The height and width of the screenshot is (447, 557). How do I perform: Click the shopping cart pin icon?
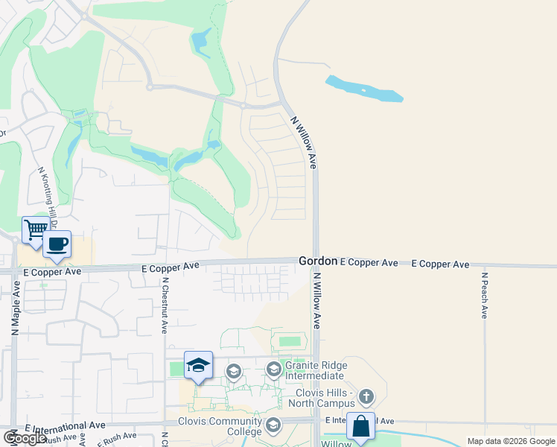coord(34,230)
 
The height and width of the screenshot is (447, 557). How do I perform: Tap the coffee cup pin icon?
coord(57,244)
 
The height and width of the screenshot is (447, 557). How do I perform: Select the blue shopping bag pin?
coord(361,427)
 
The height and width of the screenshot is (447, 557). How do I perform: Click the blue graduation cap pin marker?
coord(198,365)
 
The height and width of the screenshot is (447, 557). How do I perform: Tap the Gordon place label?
coord(319,261)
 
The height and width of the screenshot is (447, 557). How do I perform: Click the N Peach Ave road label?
coord(483,296)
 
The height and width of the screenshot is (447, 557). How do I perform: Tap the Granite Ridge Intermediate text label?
coord(314,371)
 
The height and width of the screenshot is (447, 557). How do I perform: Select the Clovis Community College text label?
coord(220,426)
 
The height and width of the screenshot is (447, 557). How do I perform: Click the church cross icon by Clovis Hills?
coord(366,396)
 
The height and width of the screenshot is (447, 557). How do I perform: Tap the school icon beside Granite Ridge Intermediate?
coord(274,369)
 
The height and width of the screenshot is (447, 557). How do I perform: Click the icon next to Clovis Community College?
coord(273,426)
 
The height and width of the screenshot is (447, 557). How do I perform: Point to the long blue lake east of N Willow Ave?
coord(364,89)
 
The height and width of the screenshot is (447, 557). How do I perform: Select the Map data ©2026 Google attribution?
coord(510,441)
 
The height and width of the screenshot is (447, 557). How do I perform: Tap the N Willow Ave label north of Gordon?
coord(304,141)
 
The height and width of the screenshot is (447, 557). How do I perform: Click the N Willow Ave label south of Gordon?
coord(316,301)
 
